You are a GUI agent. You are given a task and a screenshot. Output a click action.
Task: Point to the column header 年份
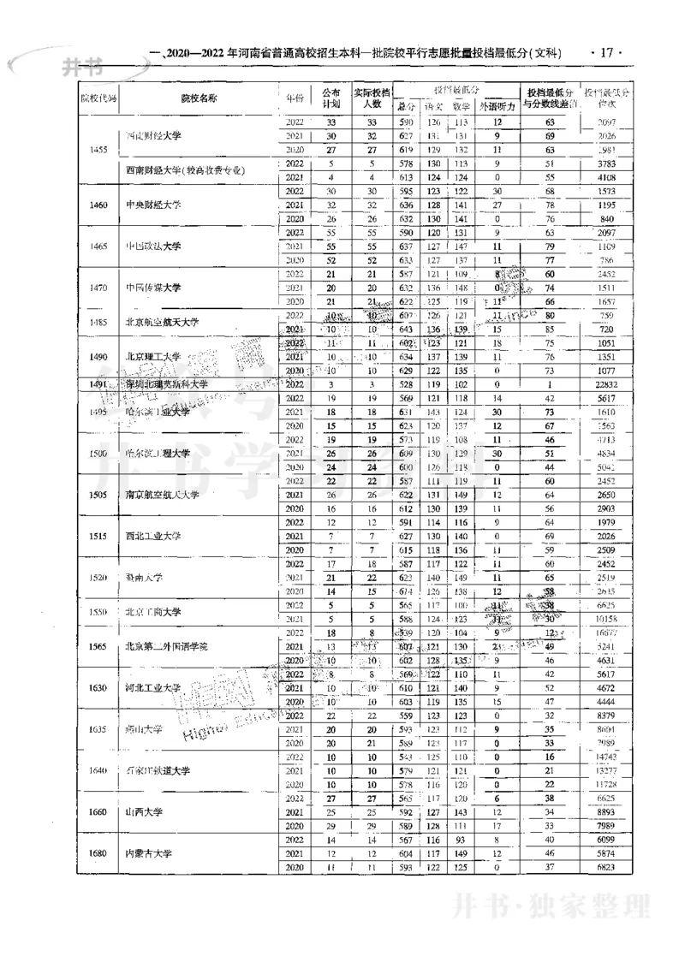click(295, 98)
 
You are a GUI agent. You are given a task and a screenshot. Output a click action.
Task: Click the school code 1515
click(98, 536)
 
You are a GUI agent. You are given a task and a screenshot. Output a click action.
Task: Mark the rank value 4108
click(606, 177)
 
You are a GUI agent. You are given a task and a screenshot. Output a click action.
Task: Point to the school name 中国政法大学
click(154, 246)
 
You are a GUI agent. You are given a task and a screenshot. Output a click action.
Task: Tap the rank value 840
click(608, 218)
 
